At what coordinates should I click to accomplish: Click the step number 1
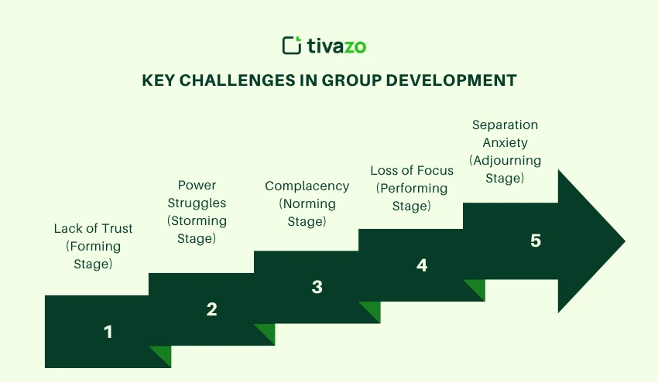click(x=108, y=332)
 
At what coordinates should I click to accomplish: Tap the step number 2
click(x=211, y=309)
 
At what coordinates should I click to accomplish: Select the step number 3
click(x=317, y=287)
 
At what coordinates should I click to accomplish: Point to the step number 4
click(x=422, y=265)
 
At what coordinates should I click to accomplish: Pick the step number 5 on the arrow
click(x=536, y=240)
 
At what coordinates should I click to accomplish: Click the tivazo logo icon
click(x=292, y=46)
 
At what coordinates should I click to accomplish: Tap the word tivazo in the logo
click(x=337, y=46)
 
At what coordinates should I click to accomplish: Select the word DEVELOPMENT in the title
click(x=451, y=80)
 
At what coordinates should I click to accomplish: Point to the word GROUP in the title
click(x=351, y=80)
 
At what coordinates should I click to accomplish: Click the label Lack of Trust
click(x=93, y=229)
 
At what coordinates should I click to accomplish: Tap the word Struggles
click(x=197, y=203)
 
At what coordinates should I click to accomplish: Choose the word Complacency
click(x=307, y=186)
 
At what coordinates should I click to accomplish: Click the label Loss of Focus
click(x=412, y=171)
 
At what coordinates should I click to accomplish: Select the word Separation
click(x=505, y=125)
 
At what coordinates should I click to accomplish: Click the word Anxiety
click(x=505, y=143)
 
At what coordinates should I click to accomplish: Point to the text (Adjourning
click(x=505, y=161)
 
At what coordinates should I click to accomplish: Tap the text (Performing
click(x=412, y=189)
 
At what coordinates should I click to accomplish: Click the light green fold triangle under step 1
click(x=163, y=353)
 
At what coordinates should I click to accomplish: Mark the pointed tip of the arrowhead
click(x=625, y=241)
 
